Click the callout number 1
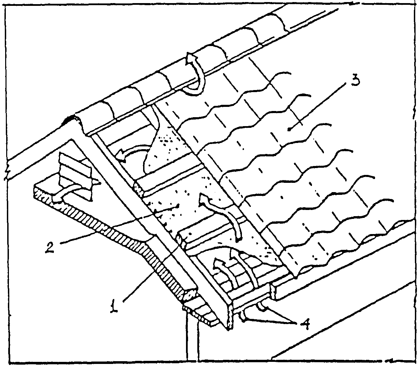pyautogui.click(x=114, y=306)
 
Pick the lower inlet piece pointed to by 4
pyautogui.click(x=245, y=318)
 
